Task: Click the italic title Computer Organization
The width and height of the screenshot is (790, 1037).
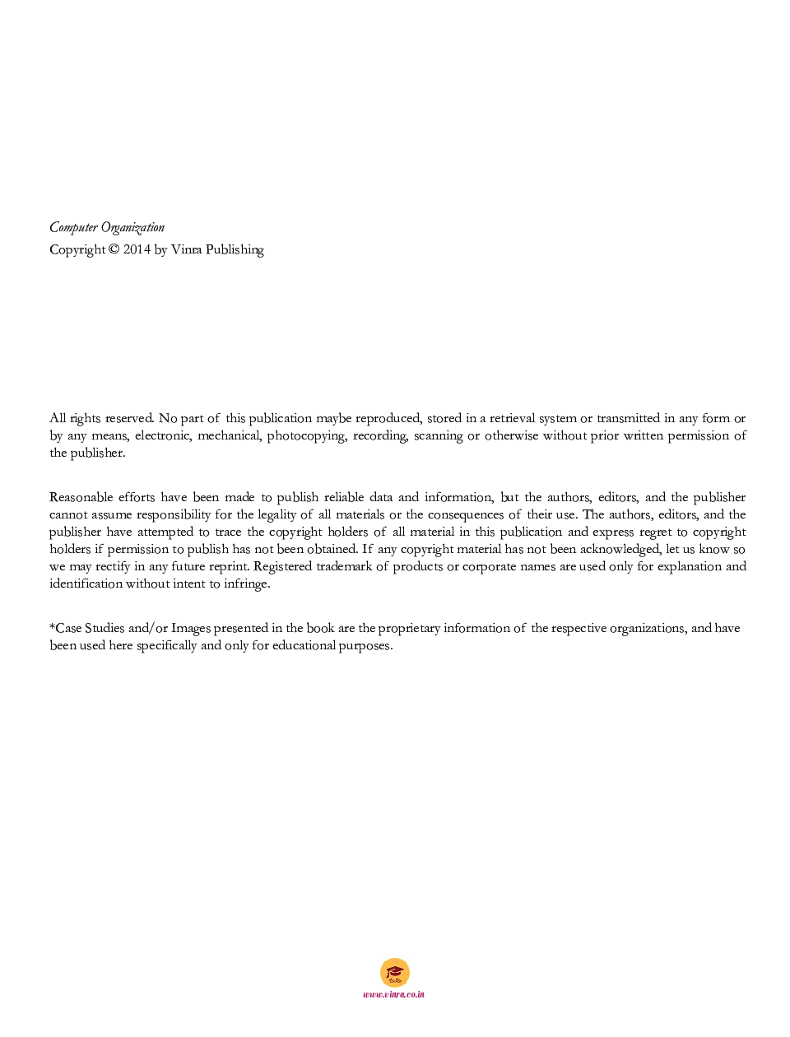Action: click(x=107, y=228)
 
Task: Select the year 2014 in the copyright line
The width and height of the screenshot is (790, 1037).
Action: click(x=137, y=250)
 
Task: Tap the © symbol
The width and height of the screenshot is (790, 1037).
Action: click(x=114, y=250)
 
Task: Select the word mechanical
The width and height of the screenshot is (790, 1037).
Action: click(x=228, y=436)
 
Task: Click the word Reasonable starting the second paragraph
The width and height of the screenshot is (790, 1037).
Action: click(x=81, y=498)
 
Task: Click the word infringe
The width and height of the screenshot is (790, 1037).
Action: click(x=246, y=584)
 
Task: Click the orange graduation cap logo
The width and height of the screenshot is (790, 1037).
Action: click(x=395, y=973)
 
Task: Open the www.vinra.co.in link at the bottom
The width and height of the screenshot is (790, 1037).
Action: click(x=394, y=994)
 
